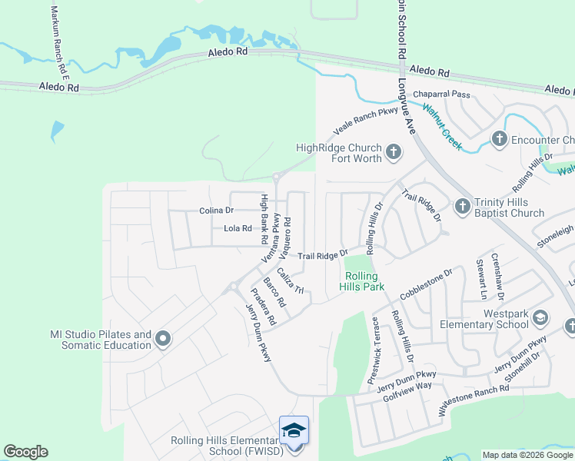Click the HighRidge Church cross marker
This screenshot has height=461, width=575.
394,151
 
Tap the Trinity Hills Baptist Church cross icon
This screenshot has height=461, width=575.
462,206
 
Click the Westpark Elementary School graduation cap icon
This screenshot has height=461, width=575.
540,318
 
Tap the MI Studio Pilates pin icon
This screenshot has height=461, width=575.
163,338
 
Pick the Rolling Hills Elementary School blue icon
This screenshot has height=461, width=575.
294,430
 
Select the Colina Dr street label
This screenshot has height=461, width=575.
216,210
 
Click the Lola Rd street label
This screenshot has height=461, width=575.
238,228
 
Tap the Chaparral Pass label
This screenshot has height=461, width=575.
441,94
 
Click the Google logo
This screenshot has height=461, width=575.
25,452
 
